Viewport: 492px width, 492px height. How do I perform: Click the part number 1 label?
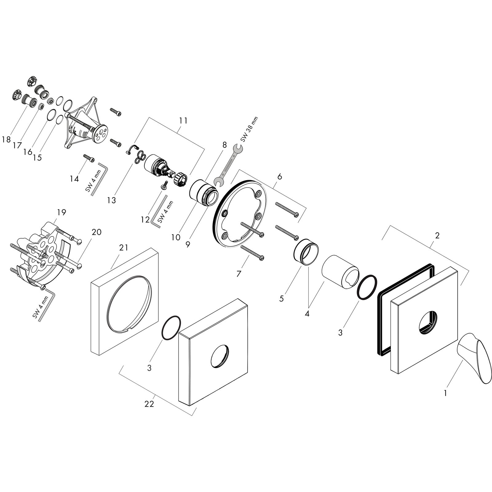tap(446, 393)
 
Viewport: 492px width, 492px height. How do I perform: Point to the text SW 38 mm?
tap(249, 129)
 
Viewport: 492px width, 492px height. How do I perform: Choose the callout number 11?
tap(183, 121)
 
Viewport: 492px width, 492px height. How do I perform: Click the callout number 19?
tap(61, 212)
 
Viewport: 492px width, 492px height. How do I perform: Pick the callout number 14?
tap(74, 178)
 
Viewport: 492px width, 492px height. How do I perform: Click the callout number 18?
tap(6, 140)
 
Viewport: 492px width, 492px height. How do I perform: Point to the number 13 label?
tap(112, 200)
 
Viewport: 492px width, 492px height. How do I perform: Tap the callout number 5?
tap(281, 298)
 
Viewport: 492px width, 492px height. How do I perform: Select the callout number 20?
tap(97, 232)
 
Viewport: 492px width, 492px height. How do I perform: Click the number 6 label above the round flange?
tap(279, 177)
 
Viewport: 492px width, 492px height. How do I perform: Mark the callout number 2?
tap(437, 236)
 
